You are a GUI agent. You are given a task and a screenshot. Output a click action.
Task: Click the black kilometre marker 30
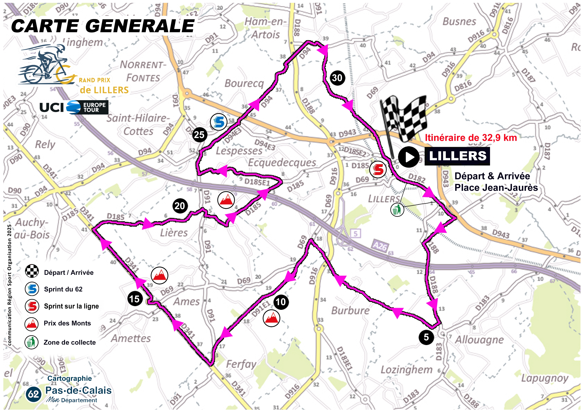point(337,78)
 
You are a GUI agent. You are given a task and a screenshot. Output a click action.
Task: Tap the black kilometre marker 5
point(426,337)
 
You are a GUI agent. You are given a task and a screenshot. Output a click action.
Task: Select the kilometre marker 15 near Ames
point(134,299)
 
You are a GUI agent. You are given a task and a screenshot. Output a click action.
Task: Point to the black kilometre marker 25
point(199,134)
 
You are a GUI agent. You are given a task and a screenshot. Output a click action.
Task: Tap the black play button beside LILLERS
point(409,157)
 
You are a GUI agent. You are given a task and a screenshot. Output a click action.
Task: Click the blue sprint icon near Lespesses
point(218,122)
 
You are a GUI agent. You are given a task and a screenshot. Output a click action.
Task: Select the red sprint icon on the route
point(378,169)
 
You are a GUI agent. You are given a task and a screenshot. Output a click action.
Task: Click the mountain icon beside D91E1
point(272,318)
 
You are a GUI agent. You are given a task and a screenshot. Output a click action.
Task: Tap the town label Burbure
point(350,310)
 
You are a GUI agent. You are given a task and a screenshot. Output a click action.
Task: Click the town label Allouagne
point(479,340)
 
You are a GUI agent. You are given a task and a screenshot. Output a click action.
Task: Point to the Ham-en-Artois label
point(265,28)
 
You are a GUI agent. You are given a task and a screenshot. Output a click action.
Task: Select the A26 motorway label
point(380,246)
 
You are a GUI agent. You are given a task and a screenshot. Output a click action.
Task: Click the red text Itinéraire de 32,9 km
point(471,138)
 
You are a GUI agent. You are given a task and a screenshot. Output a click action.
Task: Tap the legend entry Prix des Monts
point(67,323)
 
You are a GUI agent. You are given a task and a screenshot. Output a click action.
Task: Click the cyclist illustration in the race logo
point(45,65)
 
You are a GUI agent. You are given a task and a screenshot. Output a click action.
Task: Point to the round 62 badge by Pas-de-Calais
point(33,394)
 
